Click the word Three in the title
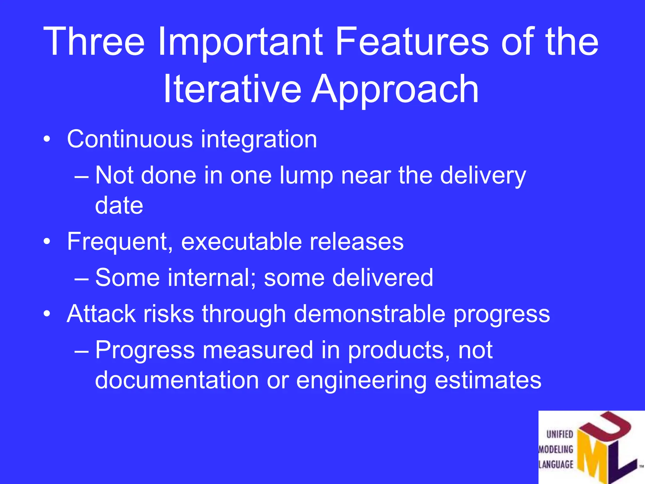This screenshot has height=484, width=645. coord(94,42)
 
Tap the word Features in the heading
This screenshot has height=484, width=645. coord(412,42)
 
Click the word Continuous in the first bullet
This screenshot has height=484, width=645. coord(130,139)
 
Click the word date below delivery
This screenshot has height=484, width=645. coord(119,205)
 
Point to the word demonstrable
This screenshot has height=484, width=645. coord(369,314)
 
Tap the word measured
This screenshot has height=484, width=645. coord(258,350)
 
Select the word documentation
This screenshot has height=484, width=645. coord(177,380)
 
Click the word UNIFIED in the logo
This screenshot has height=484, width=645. coord(560,434)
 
